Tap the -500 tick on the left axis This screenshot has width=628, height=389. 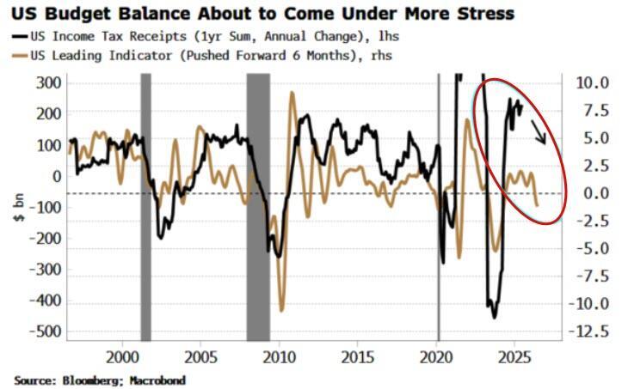[x=48, y=331]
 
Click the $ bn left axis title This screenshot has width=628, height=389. [x=19, y=207]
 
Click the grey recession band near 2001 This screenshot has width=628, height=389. [x=145, y=206]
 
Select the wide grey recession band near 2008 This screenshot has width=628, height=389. [x=258, y=206]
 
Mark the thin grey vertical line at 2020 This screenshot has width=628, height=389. [x=439, y=206]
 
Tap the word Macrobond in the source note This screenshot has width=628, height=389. [x=158, y=379]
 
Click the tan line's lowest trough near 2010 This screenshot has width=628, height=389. [x=281, y=310]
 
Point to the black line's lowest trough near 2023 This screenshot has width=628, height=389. [x=494, y=317]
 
